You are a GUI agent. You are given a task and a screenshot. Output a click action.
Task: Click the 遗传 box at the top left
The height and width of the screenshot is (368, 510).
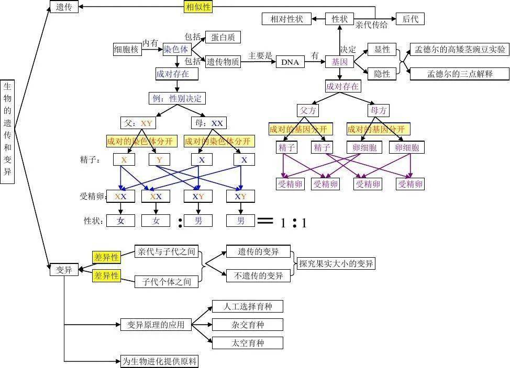[64, 6]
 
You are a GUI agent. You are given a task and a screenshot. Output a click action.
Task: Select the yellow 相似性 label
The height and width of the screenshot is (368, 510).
[198, 7]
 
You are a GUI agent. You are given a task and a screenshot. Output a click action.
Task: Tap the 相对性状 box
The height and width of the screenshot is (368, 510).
[286, 19]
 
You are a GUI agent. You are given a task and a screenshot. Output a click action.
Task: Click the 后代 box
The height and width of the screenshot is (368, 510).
[410, 19]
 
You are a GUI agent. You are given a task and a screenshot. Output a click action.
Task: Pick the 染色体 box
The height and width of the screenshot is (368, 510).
[176, 50]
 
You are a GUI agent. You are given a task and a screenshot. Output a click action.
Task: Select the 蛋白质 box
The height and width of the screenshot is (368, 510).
[223, 37]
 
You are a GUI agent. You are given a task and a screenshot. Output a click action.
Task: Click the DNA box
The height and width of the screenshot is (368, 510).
[290, 62]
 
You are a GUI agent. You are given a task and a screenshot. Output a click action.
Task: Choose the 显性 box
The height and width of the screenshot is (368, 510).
[382, 50]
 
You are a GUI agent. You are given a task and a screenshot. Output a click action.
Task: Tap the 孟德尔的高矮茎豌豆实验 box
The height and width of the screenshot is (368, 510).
[460, 50]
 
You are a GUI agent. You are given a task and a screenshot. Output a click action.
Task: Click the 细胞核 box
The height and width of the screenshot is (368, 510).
[127, 50]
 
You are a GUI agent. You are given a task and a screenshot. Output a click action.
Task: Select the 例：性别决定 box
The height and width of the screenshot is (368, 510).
[177, 98]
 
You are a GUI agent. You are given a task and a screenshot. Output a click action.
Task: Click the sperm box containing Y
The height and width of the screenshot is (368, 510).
[159, 159]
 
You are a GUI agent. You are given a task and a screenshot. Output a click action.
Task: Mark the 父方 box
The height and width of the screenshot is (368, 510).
[307, 110]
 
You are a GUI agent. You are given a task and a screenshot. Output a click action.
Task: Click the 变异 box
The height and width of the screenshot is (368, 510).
[64, 270]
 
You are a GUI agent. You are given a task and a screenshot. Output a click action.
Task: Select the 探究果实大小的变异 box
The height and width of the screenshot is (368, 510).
[336, 264]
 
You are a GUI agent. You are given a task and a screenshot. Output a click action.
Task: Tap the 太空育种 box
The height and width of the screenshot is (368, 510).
[247, 343]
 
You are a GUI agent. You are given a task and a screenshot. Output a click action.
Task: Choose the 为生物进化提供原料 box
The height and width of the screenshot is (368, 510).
[160, 361]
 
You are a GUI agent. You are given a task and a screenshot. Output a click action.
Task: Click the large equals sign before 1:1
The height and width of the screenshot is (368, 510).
[265, 221]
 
